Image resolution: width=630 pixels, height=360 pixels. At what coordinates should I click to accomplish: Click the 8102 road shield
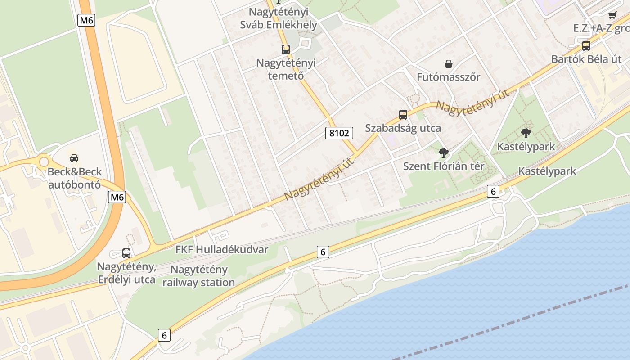coord(340,133)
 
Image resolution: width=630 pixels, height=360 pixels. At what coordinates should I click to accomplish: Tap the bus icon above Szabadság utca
coord(403,115)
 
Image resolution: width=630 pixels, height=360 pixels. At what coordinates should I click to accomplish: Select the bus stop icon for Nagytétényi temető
coord(286,49)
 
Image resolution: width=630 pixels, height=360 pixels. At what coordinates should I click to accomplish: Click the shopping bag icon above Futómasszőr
coord(448,64)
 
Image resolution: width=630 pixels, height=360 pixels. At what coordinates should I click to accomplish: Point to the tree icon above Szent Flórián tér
coord(443,153)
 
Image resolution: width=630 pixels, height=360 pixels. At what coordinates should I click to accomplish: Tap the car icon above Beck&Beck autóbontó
coord(74,158)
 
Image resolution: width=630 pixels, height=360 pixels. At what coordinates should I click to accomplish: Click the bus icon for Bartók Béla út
coord(586,45)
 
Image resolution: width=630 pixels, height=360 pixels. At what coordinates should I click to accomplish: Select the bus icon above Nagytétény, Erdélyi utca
coord(126,253)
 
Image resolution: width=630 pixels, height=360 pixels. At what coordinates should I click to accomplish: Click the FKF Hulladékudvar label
coord(222,250)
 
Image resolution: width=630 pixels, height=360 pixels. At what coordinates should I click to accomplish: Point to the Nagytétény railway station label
coord(199,276)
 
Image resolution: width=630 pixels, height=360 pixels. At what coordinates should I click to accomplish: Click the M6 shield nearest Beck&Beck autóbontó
coord(117,197)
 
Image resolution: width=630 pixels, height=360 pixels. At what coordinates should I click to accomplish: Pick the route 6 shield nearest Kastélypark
coord(493,192)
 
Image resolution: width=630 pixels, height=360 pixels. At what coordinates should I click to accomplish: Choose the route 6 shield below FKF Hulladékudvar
coord(323,252)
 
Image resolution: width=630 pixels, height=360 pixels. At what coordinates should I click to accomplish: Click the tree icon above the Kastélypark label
coord(526,133)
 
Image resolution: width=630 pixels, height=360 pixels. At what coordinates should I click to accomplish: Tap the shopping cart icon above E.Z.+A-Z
coord(612,14)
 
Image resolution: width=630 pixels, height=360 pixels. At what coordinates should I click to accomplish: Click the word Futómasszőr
coord(448,77)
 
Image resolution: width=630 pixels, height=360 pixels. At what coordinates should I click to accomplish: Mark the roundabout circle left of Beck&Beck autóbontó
coord(44,162)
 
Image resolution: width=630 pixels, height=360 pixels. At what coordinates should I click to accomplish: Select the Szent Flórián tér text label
coord(443,166)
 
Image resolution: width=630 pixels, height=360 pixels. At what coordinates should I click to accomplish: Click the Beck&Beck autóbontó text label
coord(75,178)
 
